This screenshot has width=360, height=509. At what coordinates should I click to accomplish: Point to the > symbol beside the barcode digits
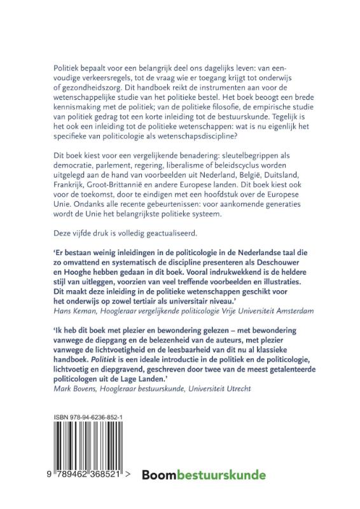click(129, 475)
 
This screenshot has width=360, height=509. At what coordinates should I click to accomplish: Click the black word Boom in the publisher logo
click(160, 475)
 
